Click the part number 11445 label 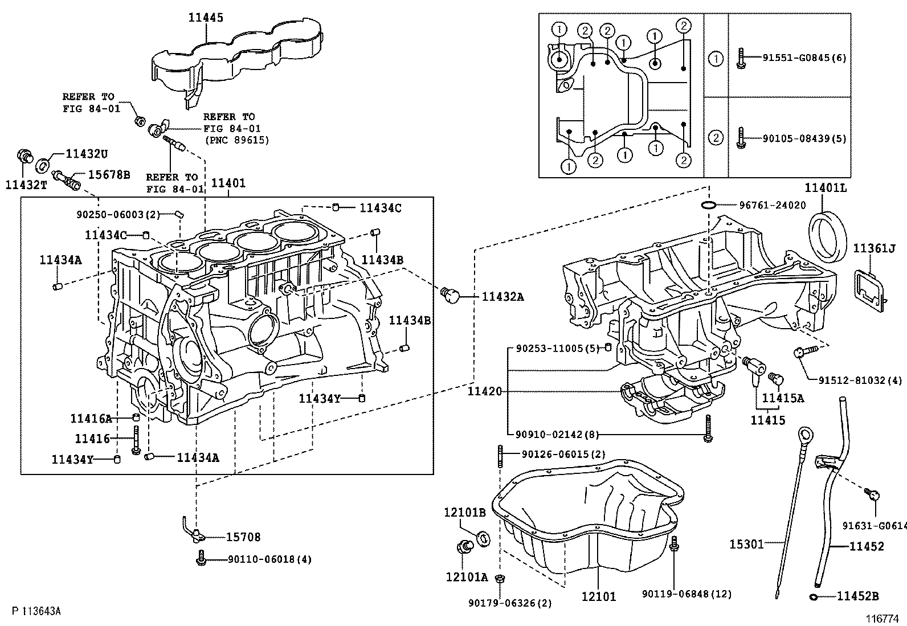point(206,18)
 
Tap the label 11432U point(87,153)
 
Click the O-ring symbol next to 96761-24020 point(708,205)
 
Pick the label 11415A point(782,398)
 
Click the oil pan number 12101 point(598,596)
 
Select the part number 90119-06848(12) point(687,594)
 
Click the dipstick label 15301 point(746,545)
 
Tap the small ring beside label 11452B point(814,596)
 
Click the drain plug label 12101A point(466,577)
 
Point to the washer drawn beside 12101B point(483,538)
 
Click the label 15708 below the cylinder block point(243,537)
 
